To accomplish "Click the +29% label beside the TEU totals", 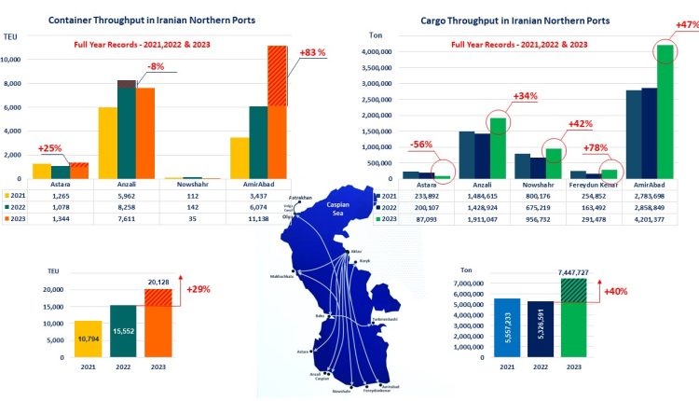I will (197, 290).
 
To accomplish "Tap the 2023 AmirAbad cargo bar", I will (665, 112).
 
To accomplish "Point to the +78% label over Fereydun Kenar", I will (596, 148).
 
